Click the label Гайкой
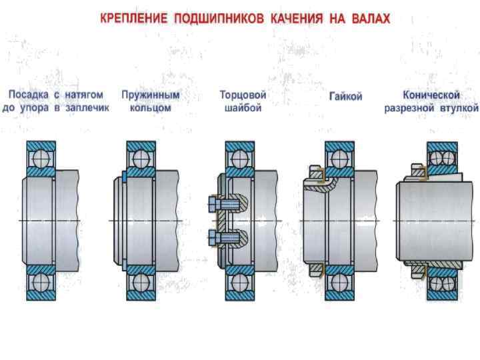(345, 97)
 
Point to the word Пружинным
(151, 95)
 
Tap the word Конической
(431, 95)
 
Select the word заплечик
(88, 107)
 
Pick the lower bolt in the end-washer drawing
(225, 237)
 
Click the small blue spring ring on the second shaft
(125, 177)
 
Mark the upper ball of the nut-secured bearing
(338, 158)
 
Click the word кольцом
(151, 107)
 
